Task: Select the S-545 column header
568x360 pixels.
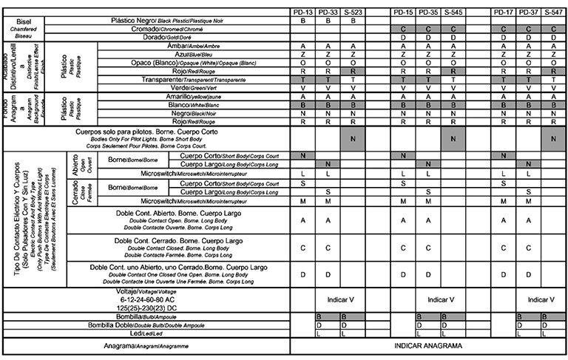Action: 453,13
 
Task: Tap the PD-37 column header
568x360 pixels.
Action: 528,13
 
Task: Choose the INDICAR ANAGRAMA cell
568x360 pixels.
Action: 428,346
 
